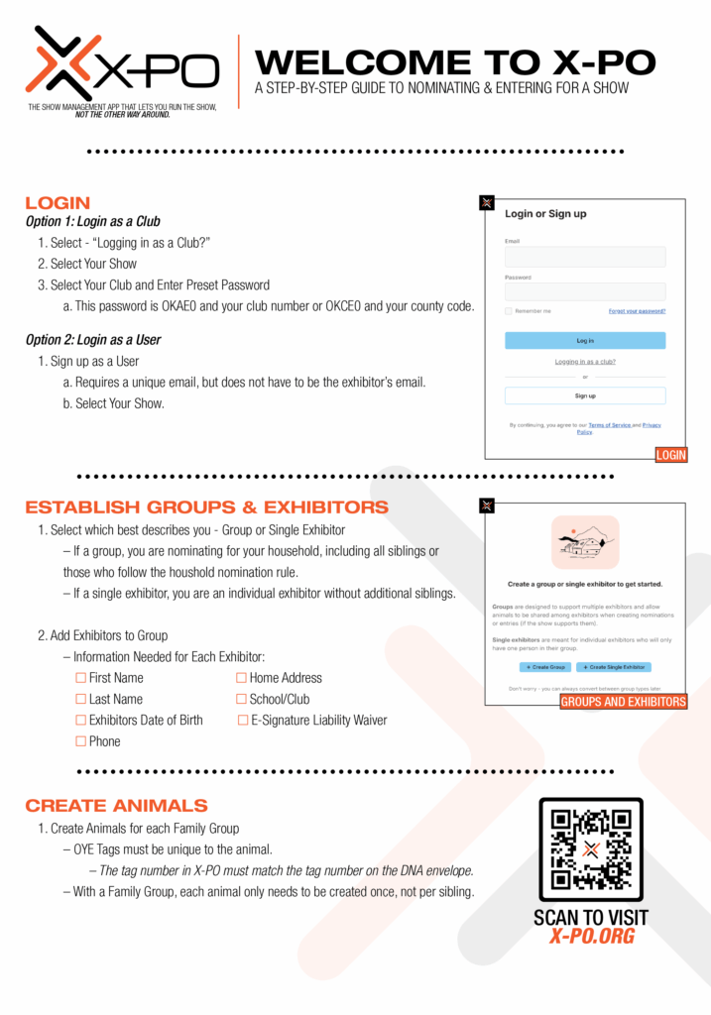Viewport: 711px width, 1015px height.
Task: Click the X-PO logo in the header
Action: point(122,69)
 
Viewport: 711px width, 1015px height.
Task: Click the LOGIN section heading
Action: point(58,203)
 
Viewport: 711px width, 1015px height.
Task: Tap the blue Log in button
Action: point(585,340)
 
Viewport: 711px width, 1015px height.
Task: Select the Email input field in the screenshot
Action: point(585,257)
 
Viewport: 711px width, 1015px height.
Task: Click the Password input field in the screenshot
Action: point(585,292)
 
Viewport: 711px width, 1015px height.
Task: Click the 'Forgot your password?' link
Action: point(637,311)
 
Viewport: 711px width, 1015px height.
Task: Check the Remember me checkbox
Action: point(509,311)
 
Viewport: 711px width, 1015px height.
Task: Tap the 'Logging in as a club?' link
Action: point(585,362)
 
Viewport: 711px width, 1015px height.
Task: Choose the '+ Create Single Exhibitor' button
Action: point(614,667)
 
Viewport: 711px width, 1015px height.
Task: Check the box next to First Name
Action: point(81,678)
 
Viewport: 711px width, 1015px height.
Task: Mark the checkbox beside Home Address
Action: point(241,678)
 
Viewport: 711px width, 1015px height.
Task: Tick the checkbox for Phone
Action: point(81,741)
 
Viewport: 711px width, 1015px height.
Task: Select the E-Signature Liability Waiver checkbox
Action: point(243,721)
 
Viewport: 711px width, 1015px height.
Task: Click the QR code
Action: point(591,848)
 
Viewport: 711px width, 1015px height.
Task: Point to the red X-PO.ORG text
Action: point(591,937)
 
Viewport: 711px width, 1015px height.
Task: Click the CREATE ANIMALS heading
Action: point(116,805)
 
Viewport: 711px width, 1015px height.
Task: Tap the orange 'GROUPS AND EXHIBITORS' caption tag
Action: point(623,702)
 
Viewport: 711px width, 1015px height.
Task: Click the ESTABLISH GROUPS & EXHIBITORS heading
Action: point(206,507)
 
